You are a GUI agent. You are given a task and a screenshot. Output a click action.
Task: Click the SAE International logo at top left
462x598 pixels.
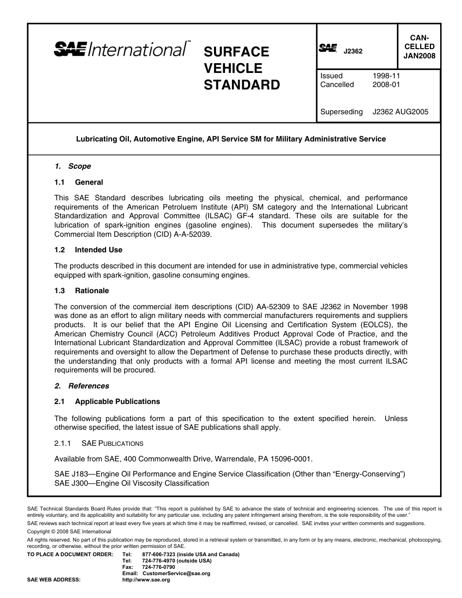(x=122, y=49)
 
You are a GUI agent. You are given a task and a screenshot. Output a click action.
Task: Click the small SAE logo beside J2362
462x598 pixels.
(x=328, y=48)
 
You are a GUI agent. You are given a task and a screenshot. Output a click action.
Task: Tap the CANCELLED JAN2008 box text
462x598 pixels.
(x=419, y=47)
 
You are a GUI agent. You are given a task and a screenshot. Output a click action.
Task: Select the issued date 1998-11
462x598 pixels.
(x=386, y=76)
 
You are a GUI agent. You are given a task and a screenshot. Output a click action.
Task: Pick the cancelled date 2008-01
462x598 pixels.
(x=386, y=85)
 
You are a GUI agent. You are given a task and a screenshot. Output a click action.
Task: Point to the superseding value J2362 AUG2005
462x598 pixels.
(x=400, y=112)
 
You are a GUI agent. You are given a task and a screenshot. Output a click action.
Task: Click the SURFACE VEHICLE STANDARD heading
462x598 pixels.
(x=241, y=68)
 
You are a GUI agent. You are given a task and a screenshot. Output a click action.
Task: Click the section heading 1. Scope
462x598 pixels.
(x=72, y=166)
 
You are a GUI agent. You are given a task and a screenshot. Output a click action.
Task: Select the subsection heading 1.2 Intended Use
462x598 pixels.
(x=89, y=250)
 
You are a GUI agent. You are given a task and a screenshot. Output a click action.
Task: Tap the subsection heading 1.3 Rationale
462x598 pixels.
(x=82, y=291)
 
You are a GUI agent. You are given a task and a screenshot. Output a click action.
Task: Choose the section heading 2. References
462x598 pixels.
(x=82, y=386)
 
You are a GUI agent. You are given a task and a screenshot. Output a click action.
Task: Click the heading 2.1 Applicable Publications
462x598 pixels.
(x=107, y=402)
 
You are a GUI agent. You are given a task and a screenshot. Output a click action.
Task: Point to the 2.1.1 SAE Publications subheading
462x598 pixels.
(x=99, y=443)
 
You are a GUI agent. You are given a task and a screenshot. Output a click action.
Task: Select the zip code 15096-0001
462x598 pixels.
(x=290, y=459)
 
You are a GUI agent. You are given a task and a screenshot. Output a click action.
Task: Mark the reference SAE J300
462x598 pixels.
(x=71, y=483)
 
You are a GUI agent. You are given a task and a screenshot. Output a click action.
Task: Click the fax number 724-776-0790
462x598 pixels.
(x=159, y=567)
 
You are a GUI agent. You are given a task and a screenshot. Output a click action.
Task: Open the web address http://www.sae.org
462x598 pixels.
(x=146, y=580)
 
